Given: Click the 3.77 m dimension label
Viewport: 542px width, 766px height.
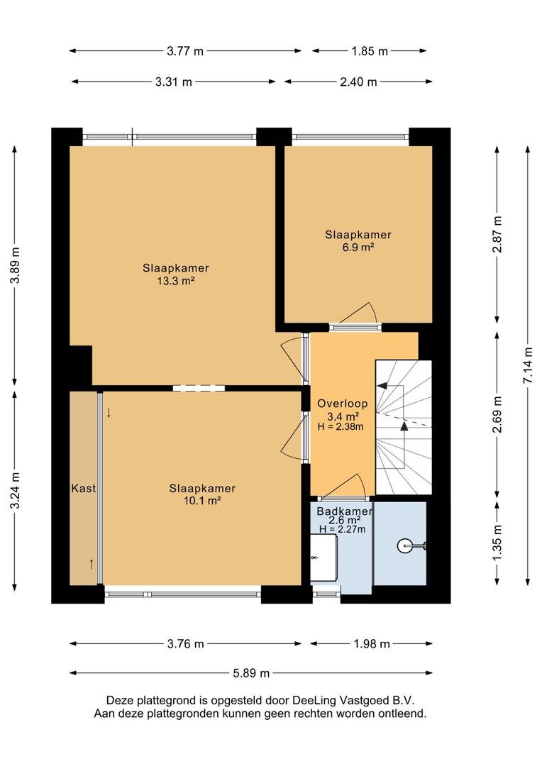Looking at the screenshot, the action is [x=184, y=51].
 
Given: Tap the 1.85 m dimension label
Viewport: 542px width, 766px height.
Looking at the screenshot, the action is [x=370, y=51].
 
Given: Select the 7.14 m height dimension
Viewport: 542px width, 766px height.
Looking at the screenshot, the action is [x=528, y=365].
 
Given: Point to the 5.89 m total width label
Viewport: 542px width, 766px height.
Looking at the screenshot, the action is [x=250, y=673].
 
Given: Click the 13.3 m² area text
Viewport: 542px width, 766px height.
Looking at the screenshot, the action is [x=176, y=281].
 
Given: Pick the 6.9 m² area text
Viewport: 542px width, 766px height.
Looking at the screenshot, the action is [x=358, y=248].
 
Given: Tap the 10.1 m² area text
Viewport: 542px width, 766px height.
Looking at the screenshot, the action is [x=202, y=501].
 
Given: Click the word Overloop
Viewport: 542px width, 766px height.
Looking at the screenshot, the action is [x=342, y=404].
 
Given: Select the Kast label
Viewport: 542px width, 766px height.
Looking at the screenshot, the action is [x=84, y=488].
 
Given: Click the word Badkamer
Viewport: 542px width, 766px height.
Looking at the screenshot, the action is [x=345, y=511].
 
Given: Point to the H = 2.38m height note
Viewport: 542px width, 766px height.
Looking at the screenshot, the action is [x=341, y=426].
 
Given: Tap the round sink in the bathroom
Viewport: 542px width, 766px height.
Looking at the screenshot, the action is [x=406, y=545].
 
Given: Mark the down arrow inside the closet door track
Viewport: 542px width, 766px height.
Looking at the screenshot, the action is [x=109, y=413].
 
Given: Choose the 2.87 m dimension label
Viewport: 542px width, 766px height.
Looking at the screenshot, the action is [x=497, y=234].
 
